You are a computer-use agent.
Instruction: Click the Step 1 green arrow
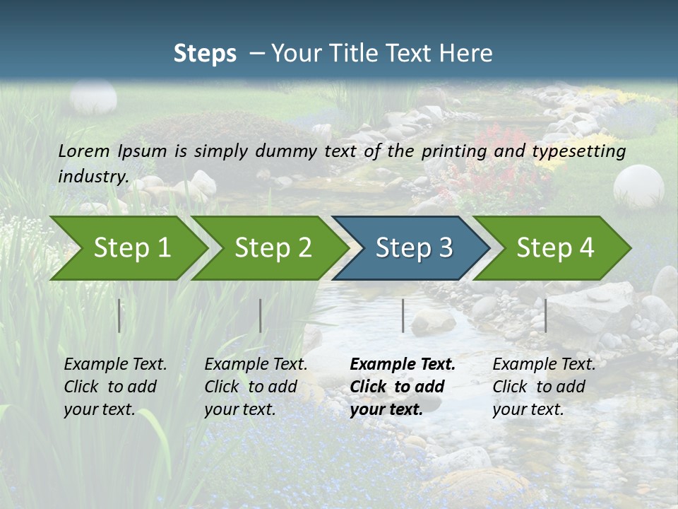(131, 247)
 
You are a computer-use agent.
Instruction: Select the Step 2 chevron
(273, 247)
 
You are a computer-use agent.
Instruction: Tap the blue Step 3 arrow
(414, 247)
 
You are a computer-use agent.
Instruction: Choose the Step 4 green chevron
(555, 247)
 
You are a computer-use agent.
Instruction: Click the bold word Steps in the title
(205, 53)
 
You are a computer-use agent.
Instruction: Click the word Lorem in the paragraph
(83, 151)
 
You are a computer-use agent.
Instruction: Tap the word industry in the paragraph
(93, 176)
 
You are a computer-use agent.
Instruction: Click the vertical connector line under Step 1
(119, 315)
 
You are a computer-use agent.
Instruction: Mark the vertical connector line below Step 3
(403, 315)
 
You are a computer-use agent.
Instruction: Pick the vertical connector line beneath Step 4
(545, 315)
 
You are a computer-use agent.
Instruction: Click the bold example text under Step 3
(401, 386)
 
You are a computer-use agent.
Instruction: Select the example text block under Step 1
(114, 386)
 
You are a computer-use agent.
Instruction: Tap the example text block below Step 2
(255, 386)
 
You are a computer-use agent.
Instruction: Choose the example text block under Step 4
(543, 386)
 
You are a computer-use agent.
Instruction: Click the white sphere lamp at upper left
(93, 98)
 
